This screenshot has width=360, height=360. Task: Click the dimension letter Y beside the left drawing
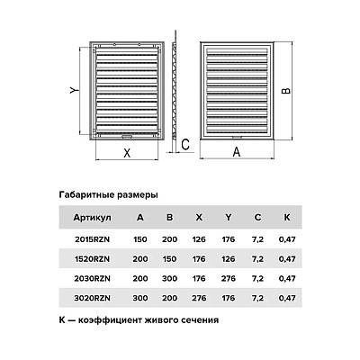[x=74, y=90]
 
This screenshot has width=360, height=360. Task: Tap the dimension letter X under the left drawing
[x=127, y=153]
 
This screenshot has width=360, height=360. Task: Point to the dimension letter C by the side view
[x=185, y=145]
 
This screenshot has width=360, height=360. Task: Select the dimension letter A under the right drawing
[x=237, y=152]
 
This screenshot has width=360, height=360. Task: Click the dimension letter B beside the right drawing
[x=286, y=91]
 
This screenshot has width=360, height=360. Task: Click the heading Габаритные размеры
[x=109, y=195]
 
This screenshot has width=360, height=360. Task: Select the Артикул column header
[x=92, y=218]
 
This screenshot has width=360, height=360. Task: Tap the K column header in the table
[x=287, y=217]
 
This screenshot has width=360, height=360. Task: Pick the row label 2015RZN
[x=92, y=239]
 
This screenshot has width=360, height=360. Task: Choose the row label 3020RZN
[x=92, y=298]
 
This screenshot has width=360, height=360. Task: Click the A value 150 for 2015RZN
[x=140, y=239]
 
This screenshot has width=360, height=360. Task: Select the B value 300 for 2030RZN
[x=169, y=279]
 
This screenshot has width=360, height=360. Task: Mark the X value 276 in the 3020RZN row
[x=199, y=298]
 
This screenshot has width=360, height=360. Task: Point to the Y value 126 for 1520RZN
[x=229, y=259]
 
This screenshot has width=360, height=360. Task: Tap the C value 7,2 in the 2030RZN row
[x=257, y=279]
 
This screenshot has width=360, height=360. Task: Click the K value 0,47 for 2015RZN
[x=287, y=239]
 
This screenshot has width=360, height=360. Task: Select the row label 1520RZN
[x=92, y=259]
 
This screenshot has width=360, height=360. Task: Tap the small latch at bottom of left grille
[x=127, y=137]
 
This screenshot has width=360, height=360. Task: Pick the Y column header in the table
[x=229, y=217]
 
